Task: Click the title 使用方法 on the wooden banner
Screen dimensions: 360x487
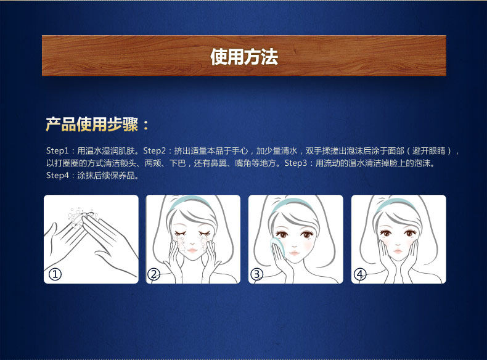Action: (x=243, y=57)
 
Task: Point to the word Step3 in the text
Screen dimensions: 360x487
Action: (x=295, y=163)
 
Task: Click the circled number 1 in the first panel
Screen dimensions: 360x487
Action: (x=55, y=274)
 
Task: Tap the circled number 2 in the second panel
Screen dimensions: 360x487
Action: (x=154, y=274)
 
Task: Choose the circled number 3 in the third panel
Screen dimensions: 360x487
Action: (x=257, y=274)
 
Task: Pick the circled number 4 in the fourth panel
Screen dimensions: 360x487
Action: (x=360, y=274)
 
